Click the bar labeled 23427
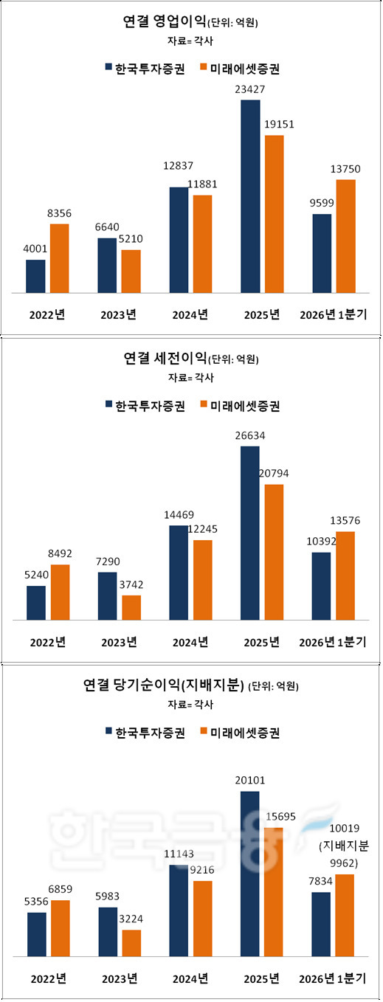(250, 196)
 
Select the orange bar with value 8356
(60, 258)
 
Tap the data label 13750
(345, 169)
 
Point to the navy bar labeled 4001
(36, 277)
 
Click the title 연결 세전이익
(165, 359)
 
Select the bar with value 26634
(249, 533)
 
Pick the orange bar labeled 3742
(131, 607)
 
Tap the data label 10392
(321, 542)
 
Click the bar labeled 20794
(274, 552)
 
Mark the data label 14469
(179, 515)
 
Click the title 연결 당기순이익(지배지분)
(164, 685)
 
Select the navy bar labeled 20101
(249, 874)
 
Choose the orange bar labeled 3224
(131, 944)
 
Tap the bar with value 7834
(321, 925)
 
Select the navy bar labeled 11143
(179, 911)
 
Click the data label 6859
(60, 889)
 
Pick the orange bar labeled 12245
(203, 580)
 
